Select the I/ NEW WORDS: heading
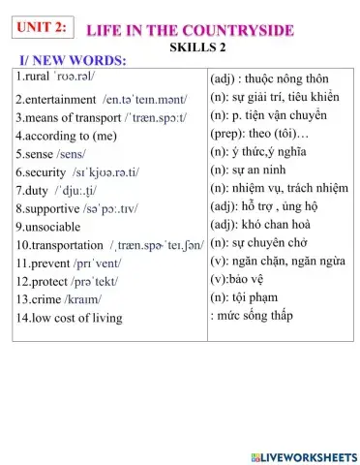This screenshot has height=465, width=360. (74, 61)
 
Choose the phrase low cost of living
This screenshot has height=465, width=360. (75, 317)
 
